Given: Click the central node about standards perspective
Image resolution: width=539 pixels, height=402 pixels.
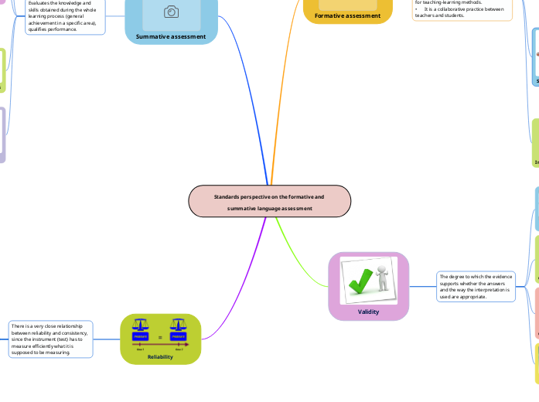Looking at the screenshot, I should point(270,202).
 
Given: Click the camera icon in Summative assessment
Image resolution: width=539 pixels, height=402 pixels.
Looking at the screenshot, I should point(171,12).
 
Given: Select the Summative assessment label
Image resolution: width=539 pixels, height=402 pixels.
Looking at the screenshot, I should point(171,36).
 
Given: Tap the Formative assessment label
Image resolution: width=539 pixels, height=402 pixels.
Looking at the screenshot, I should point(348,15).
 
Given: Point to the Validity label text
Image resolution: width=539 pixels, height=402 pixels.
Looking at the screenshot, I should point(369,312).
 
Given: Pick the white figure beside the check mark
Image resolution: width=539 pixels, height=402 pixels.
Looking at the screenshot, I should point(381,279).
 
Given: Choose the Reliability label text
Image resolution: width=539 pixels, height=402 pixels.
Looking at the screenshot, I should point(160,356).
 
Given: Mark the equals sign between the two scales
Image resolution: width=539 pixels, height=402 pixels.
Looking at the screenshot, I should point(159,337).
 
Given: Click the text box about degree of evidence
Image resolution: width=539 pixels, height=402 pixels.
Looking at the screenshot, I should point(476,286).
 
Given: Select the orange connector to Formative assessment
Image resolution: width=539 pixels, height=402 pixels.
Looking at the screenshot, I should point(282,93).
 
